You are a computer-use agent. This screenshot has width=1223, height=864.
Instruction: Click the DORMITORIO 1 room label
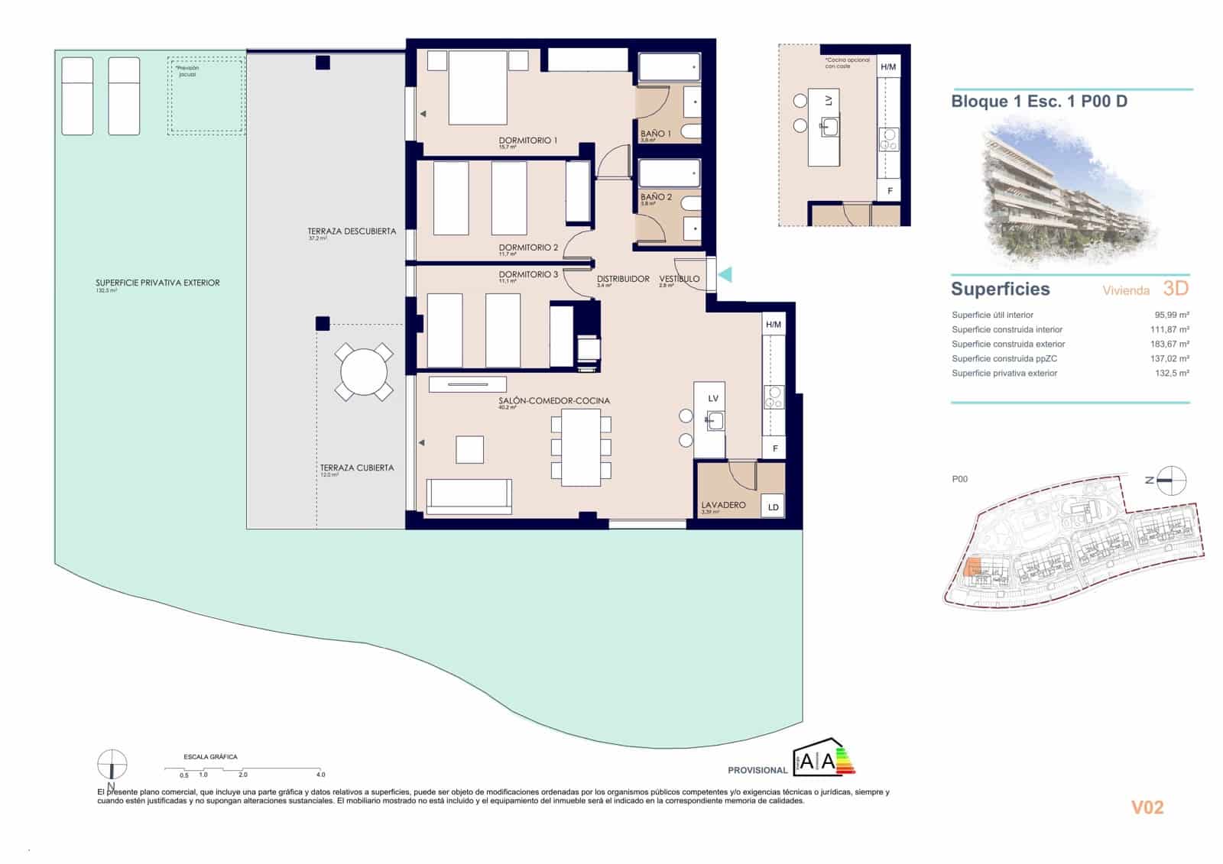point(527,141)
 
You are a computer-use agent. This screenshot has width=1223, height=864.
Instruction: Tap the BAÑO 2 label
point(656,197)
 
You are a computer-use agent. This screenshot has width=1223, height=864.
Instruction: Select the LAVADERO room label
point(723,505)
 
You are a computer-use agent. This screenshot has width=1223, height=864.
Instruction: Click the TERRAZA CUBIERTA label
point(357,468)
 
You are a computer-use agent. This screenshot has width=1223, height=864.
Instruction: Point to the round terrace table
point(364,372)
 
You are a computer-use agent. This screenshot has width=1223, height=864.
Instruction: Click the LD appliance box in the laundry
point(773,506)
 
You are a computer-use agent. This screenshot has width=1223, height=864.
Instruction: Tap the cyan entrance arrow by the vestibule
point(724,273)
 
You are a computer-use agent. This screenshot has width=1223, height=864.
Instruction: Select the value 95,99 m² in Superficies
point(1171,315)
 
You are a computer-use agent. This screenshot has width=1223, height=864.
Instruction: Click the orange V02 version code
point(1147,807)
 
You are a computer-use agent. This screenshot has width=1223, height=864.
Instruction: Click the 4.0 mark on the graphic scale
point(321,774)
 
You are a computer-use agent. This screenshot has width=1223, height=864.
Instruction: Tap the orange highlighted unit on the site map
point(973,568)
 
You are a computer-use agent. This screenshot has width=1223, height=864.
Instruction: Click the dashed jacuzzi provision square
point(206,95)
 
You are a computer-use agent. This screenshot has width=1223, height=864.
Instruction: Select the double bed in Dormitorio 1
point(478,87)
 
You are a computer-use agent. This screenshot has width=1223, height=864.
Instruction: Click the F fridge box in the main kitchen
point(774,448)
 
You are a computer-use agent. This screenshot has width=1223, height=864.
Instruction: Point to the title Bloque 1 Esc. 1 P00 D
point(1039,101)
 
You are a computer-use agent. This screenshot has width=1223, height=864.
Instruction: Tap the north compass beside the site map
point(1170,480)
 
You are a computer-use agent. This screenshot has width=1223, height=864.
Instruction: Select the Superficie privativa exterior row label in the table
point(1004,374)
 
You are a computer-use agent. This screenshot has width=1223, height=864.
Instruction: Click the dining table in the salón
point(581,448)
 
